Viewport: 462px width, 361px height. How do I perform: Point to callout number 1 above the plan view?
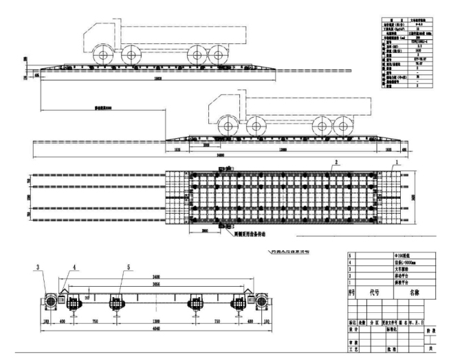pos(396,162)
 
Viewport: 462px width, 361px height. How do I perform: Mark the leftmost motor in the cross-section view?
pos(50,301)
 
